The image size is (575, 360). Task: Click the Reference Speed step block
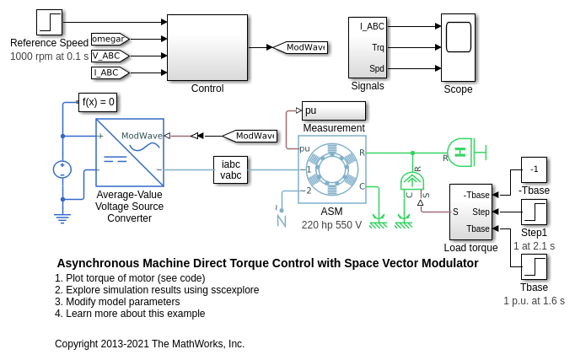tap(49, 23)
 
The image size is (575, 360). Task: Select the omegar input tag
tap(110, 38)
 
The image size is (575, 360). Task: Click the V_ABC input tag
tap(110, 56)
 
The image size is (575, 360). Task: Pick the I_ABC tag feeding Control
tap(110, 73)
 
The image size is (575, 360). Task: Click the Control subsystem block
tap(207, 47)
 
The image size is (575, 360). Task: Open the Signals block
tap(367, 47)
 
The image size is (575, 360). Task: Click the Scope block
tap(458, 47)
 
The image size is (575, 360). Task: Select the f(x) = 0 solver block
tap(98, 103)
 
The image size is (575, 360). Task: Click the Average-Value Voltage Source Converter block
tap(130, 152)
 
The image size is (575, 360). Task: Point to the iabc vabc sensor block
tap(231, 169)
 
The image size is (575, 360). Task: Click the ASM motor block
tap(331, 169)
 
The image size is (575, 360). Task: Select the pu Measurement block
tap(334, 111)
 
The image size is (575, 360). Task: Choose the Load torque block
tap(470, 212)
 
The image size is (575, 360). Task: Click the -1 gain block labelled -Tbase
tap(534, 169)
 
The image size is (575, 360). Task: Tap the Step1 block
tap(534, 212)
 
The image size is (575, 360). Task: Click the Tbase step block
tap(534, 268)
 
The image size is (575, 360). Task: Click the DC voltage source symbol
tap(62, 169)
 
